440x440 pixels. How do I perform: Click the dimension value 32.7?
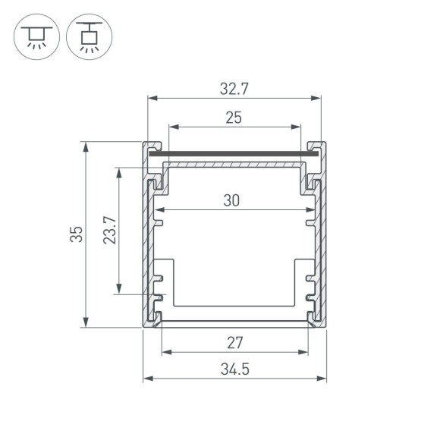click(x=234, y=89)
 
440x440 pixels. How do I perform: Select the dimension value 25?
click(x=234, y=118)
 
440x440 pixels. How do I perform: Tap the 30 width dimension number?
click(x=232, y=201)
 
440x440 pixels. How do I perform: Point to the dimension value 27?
click(x=235, y=343)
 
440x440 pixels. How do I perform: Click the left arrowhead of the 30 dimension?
click(x=158, y=210)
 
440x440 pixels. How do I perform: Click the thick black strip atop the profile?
click(x=233, y=155)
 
